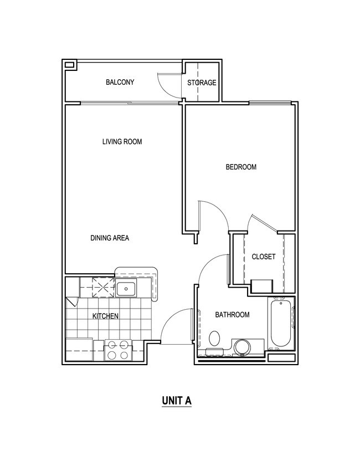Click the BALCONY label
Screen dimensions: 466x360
[120, 83]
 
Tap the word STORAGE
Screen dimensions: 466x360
[202, 83]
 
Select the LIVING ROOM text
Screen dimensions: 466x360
[122, 142]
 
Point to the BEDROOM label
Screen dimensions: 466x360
[241, 167]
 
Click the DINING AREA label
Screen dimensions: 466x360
[110, 238]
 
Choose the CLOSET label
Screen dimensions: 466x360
[264, 257]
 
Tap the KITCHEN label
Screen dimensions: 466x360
[105, 316]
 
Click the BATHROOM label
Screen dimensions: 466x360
[232, 315]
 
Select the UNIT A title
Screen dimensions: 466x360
[177, 400]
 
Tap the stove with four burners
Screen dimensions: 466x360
[117, 350]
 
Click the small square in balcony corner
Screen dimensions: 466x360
[69, 65]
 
